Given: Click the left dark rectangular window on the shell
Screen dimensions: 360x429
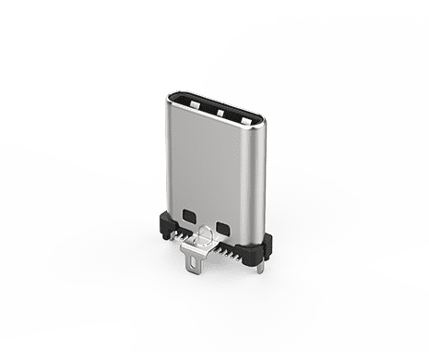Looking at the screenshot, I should [x=190, y=216].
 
